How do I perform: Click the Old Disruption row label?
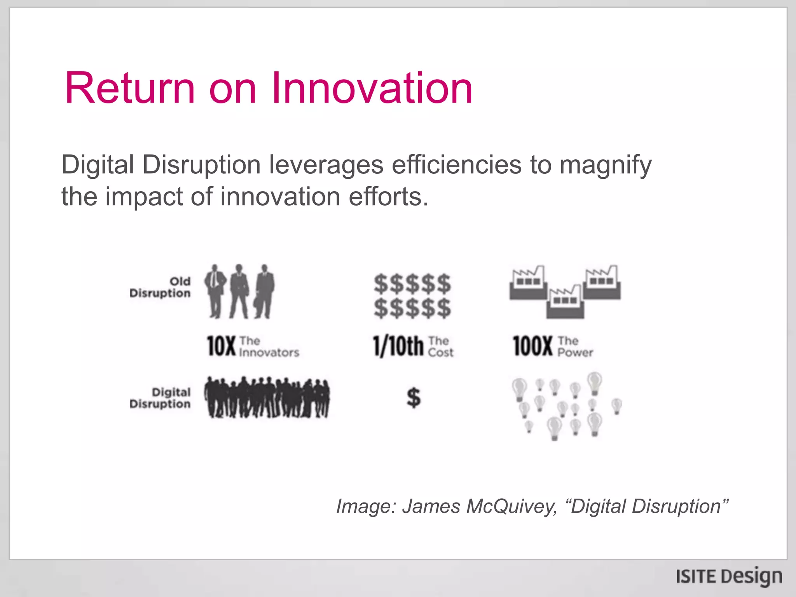160,287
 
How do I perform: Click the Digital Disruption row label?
160,398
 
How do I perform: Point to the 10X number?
221,346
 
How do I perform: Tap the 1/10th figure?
398,346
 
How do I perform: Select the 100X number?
532,346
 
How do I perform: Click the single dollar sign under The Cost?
414,398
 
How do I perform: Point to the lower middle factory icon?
565,302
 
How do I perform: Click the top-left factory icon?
528,283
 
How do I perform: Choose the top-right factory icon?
602,283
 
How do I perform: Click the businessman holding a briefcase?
265,292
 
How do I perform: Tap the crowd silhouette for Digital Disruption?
267,397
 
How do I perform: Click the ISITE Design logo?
729,576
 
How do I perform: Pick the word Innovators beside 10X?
269,353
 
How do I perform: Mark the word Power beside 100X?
575,353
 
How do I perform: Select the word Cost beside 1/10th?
440,353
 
